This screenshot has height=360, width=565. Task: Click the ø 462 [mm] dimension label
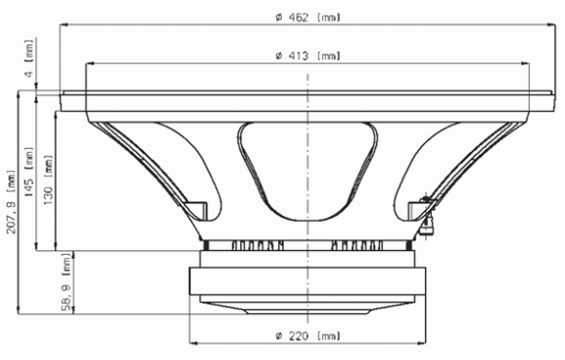click(x=308, y=18)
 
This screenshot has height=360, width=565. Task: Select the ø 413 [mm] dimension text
click(x=308, y=55)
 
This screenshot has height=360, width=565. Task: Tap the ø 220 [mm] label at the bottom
click(x=308, y=337)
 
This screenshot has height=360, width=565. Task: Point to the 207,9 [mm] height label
click(x=11, y=201)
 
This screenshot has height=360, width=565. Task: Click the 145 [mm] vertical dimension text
click(x=28, y=172)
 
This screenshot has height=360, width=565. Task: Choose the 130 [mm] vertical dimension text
click(x=48, y=180)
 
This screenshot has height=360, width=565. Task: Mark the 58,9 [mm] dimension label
click(x=67, y=282)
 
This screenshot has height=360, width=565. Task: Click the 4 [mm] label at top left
click(x=28, y=58)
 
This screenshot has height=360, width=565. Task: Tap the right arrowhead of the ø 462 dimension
click(x=551, y=25)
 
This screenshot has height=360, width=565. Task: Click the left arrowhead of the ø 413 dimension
click(x=89, y=63)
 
